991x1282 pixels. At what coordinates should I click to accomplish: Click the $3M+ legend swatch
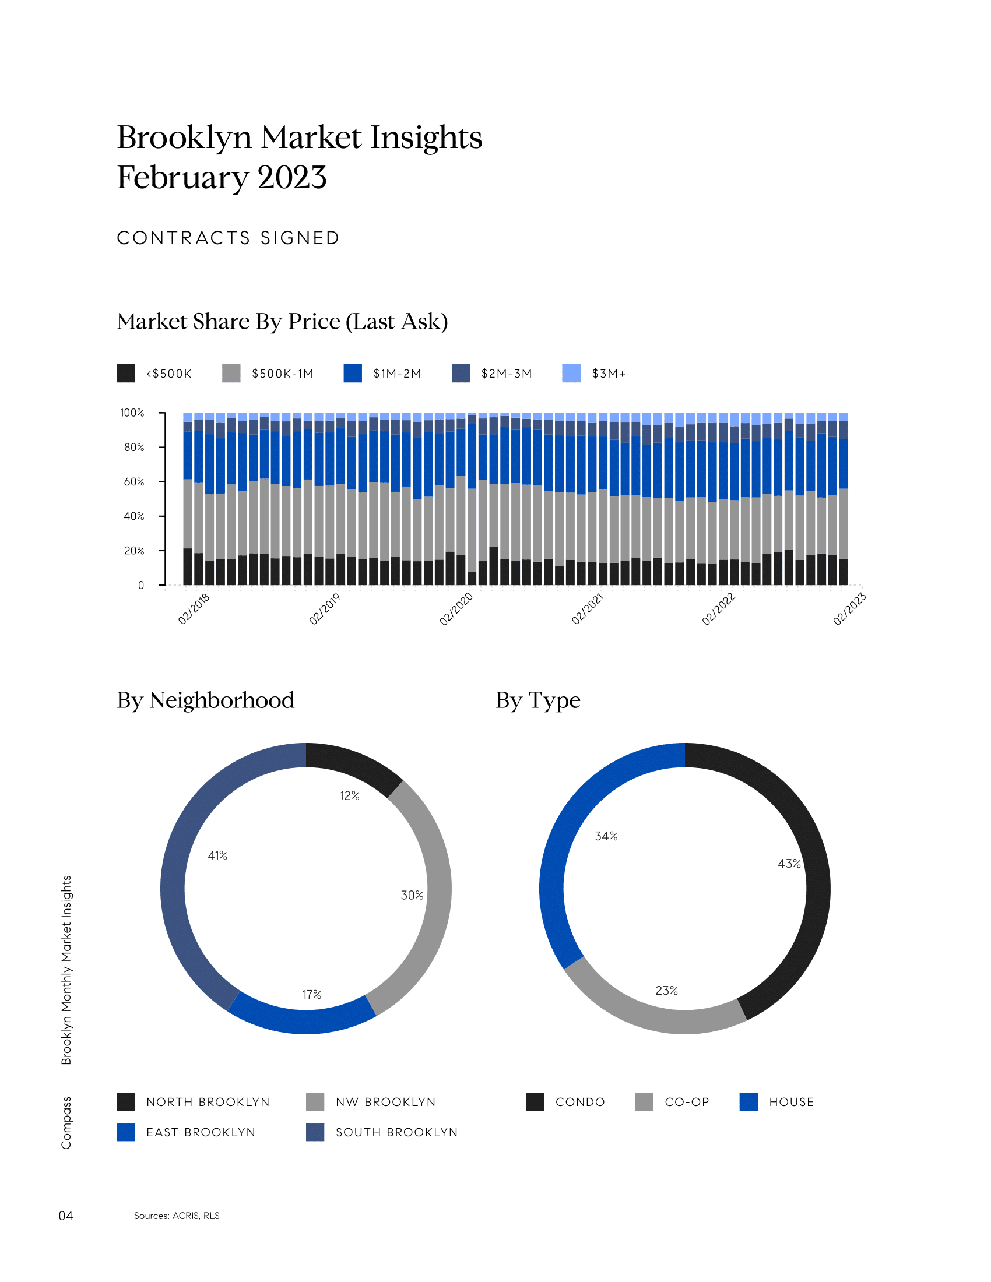[571, 374]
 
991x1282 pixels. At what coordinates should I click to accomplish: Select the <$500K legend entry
[154, 374]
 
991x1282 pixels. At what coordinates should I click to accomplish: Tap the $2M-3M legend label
[506, 374]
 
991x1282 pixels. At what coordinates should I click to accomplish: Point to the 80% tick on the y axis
[134, 448]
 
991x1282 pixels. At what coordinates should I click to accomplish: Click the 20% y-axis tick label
[134, 551]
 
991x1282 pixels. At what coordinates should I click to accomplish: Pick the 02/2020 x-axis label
[456, 609]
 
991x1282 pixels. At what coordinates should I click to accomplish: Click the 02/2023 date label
[849, 609]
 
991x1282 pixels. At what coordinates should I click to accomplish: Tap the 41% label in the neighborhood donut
[217, 856]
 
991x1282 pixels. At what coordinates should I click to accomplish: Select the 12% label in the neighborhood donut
[349, 796]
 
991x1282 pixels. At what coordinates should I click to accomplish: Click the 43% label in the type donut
[789, 864]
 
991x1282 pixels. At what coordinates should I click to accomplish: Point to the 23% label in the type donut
[666, 991]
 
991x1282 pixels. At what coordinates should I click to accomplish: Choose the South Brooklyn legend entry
[382, 1132]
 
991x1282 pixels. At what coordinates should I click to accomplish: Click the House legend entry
[776, 1102]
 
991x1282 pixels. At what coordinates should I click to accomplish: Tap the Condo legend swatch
[535, 1102]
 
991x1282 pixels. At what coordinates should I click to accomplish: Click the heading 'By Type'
[538, 700]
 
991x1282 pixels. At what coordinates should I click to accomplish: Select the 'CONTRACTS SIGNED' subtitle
[229, 238]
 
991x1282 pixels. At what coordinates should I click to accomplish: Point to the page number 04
[66, 1216]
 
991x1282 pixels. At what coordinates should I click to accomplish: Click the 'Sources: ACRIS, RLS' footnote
[177, 1216]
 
